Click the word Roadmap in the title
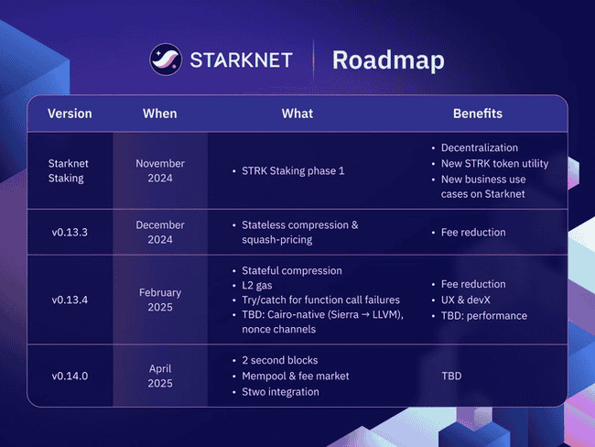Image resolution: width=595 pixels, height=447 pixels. click(x=388, y=60)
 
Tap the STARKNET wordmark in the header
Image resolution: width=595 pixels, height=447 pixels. click(x=241, y=60)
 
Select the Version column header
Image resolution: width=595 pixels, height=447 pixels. click(x=70, y=114)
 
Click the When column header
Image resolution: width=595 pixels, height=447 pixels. click(x=160, y=114)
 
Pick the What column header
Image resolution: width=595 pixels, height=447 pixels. click(x=297, y=114)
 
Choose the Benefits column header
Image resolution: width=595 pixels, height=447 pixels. click(x=478, y=114)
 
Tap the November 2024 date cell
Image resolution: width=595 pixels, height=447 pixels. click(x=160, y=170)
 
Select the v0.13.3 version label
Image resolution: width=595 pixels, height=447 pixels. click(x=70, y=233)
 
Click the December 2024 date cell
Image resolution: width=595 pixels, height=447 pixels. click(x=160, y=233)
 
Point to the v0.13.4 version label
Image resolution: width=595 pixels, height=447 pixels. click(x=70, y=300)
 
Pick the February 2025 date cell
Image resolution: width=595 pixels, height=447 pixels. click(x=160, y=300)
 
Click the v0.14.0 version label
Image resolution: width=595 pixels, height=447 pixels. click(x=70, y=376)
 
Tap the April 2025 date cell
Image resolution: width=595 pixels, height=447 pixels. click(x=160, y=376)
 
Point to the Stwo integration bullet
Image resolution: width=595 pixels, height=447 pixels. click(x=280, y=392)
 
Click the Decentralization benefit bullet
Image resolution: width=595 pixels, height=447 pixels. click(x=480, y=147)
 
